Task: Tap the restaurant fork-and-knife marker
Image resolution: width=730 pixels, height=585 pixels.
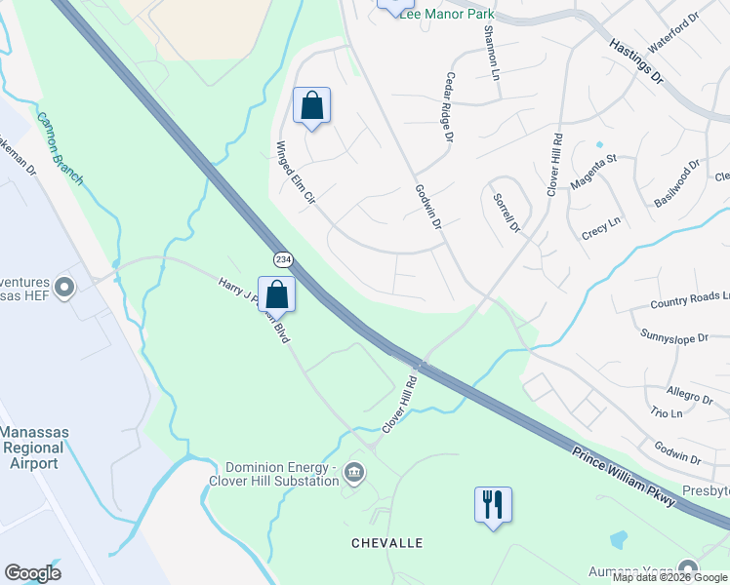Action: pyautogui.click(x=493, y=505)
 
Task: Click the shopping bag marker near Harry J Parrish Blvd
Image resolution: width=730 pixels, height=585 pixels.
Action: pyautogui.click(x=277, y=293)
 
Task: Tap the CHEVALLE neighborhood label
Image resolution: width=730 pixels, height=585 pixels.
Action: pyautogui.click(x=388, y=542)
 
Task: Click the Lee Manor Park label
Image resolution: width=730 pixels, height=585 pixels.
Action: pyautogui.click(x=446, y=15)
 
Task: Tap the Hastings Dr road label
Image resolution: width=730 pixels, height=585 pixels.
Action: pyautogui.click(x=635, y=61)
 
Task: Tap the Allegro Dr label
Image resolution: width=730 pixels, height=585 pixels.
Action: pyautogui.click(x=690, y=394)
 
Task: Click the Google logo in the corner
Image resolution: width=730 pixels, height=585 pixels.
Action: pyautogui.click(x=32, y=573)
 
